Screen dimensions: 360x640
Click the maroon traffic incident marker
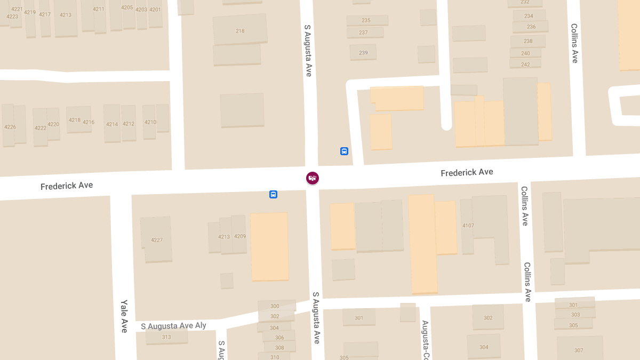pos(313,178)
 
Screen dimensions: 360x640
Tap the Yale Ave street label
pos(124,316)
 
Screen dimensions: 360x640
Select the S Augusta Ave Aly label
pos(173,326)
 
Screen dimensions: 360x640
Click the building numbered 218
pos(240,31)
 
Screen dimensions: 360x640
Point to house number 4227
pos(157,240)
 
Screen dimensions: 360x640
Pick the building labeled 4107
pos(468,226)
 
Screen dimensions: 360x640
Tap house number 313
pos(166,337)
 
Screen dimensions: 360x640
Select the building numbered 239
pos(363,53)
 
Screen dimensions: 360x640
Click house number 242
pos(525,65)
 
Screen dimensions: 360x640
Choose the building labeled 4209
pos(240,236)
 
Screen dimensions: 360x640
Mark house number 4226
pos(10,127)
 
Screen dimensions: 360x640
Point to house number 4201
pos(155,10)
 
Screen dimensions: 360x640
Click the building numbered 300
pos(275,306)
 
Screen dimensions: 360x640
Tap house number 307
pos(579,350)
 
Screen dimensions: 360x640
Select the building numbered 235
pos(366,20)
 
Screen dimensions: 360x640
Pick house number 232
pos(525,2)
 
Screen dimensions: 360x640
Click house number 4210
pos(150,122)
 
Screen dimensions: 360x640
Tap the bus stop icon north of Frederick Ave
pos(344,151)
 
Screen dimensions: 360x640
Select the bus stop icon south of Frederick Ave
pos(273,195)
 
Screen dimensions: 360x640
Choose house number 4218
pos(75,120)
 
